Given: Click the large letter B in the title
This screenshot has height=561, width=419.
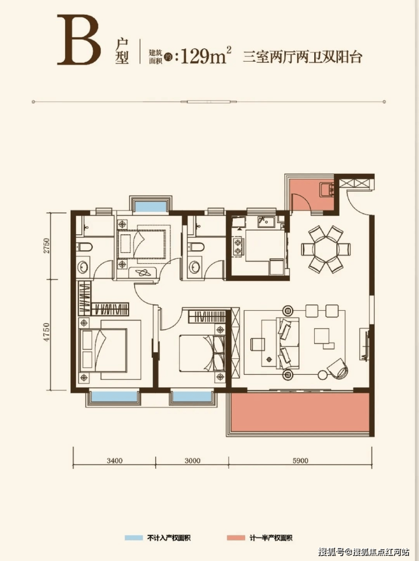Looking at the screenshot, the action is [79, 40].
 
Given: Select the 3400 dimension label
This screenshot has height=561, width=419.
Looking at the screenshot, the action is [114, 460].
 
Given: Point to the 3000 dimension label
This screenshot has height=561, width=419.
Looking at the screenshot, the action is [193, 460].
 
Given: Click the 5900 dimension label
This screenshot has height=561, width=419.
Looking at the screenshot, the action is [300, 460].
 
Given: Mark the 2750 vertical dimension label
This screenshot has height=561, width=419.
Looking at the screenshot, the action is [46, 246].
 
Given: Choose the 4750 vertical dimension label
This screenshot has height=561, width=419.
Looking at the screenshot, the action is [46, 332].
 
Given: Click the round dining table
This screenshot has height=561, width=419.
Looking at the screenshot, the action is [326, 249].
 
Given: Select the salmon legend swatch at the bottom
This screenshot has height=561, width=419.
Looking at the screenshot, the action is [236, 538].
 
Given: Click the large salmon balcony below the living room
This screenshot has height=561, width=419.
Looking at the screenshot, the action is [300, 412].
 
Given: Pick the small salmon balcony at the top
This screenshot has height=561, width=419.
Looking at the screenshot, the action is [311, 195].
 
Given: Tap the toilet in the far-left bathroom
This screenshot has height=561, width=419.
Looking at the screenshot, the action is [84, 247].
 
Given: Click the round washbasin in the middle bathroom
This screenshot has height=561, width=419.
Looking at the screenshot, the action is [195, 267].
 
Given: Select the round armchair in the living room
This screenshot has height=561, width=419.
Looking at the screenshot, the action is [337, 369].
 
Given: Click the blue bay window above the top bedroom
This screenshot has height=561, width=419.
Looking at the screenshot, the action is [150, 207].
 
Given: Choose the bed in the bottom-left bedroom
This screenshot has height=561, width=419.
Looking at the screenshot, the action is [104, 351].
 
